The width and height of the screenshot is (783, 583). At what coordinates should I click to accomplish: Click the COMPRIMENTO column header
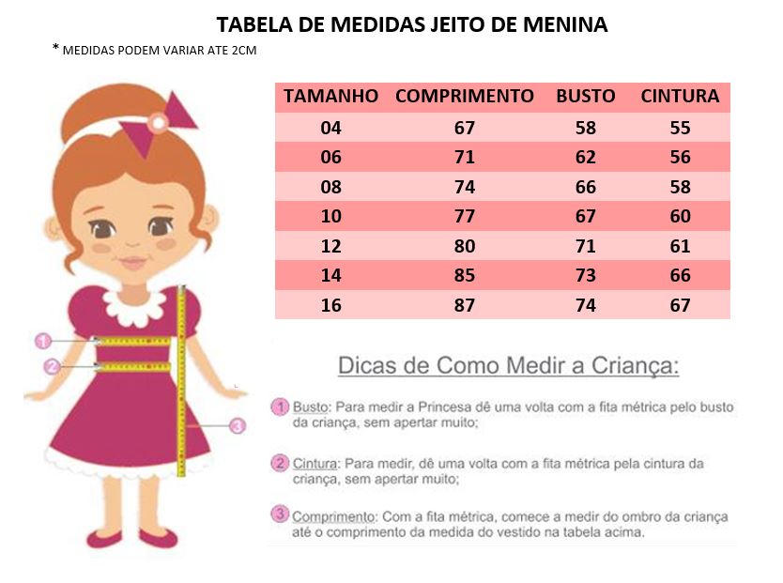coord(464,97)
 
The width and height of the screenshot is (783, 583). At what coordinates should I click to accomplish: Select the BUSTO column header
coord(585,97)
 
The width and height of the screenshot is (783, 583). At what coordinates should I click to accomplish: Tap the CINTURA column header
coord(680,97)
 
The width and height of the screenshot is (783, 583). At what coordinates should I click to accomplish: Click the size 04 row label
coord(330,128)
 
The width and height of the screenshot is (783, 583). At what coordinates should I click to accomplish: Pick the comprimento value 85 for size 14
coord(464,276)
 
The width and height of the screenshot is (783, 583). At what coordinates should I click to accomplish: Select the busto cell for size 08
coord(585,187)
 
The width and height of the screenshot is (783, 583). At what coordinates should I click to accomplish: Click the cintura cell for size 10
coord(680,217)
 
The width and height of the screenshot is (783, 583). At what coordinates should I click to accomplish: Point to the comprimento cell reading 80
coord(464,247)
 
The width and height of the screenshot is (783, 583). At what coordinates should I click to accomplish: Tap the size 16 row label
coord(330,305)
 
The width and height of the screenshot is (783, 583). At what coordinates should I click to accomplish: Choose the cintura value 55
coord(680,128)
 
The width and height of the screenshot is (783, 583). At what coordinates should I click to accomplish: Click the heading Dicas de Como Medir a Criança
coord(507,365)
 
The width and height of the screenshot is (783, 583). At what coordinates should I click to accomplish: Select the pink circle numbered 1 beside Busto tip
coord(279,407)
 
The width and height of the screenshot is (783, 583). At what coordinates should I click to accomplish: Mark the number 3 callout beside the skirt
coord(238,425)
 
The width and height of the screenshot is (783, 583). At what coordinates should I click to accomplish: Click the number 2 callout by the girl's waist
coord(51,366)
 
